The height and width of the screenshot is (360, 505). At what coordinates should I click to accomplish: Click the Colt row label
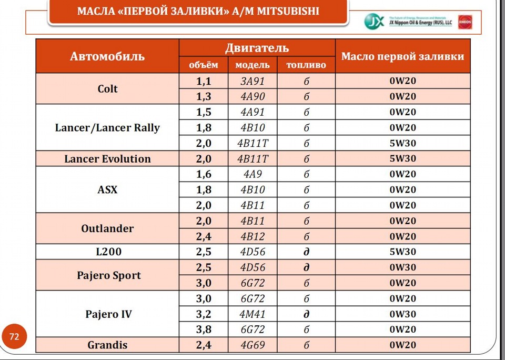click(107, 89)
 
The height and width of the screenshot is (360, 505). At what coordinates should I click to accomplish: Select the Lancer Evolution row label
click(107, 159)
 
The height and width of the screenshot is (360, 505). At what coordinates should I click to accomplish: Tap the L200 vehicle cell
click(108, 252)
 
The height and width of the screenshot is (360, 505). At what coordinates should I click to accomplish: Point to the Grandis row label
click(107, 345)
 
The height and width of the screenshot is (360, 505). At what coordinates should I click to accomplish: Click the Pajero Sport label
click(108, 275)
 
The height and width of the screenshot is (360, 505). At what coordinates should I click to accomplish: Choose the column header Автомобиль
click(107, 56)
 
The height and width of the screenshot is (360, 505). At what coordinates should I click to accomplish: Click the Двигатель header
click(257, 48)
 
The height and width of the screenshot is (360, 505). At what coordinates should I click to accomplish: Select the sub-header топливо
click(306, 65)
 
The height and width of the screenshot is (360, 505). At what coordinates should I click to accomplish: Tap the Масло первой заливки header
click(402, 56)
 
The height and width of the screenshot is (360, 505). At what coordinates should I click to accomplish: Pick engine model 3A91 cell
click(252, 82)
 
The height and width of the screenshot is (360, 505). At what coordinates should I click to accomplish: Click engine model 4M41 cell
click(252, 314)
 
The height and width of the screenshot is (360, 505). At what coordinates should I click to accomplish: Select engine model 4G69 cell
click(252, 345)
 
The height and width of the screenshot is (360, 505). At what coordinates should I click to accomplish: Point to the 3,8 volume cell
click(204, 330)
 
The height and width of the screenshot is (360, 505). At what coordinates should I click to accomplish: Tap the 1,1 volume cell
click(204, 82)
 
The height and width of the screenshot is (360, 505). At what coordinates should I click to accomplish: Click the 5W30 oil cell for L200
click(402, 252)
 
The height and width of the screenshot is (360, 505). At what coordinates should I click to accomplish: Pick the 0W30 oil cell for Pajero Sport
click(402, 267)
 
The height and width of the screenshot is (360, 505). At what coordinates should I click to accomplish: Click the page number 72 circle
click(14, 336)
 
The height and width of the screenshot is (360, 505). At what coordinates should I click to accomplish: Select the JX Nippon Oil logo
click(375, 22)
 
